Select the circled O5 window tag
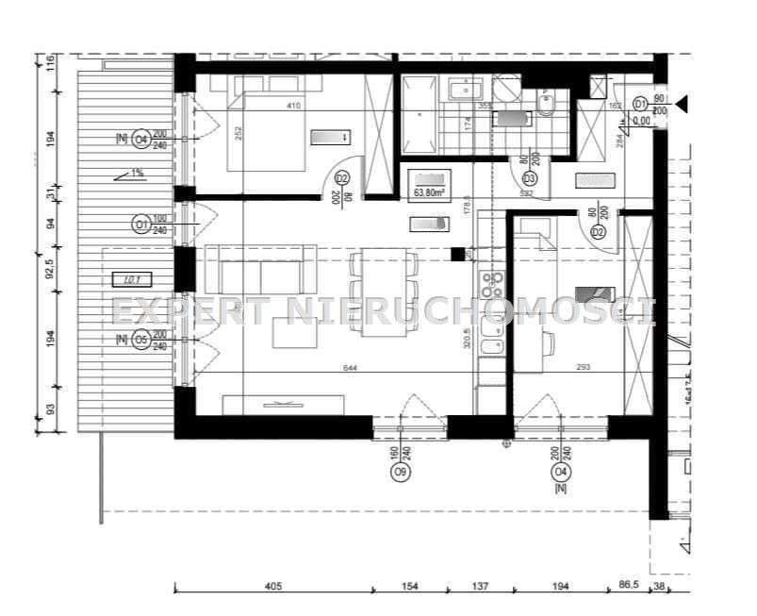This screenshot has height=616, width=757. (x=141, y=340)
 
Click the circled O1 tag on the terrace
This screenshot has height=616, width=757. (x=141, y=225)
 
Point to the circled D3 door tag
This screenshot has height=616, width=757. (x=529, y=178)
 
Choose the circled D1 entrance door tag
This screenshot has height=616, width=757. (x=640, y=103)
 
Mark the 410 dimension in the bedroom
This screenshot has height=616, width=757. (x=293, y=107)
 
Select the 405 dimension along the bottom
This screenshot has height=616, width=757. (x=272, y=587)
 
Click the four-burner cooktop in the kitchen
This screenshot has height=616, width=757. (x=492, y=286)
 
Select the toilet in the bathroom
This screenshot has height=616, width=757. (x=546, y=104)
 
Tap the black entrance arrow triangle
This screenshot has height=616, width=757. (x=682, y=103)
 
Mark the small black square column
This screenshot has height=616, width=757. (x=458, y=254)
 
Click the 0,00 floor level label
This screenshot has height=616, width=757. (x=641, y=121)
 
